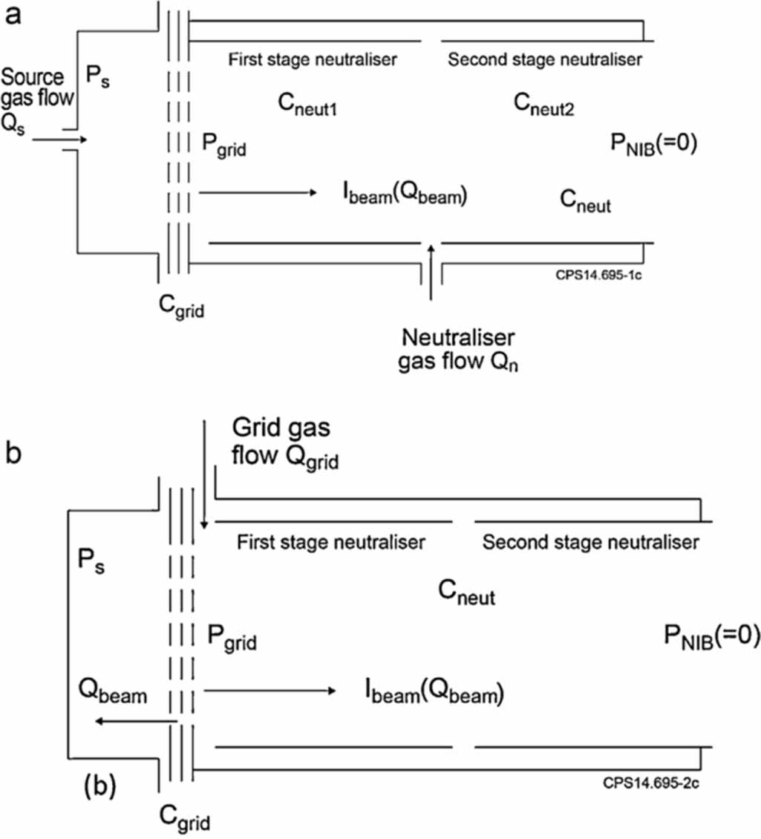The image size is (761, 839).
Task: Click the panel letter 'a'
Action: [13, 16]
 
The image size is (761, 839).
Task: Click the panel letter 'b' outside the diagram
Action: [14, 454]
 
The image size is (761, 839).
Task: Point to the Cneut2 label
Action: [545, 105]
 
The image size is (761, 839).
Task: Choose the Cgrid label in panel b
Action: [185, 817]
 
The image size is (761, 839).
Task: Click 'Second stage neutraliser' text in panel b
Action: [590, 542]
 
